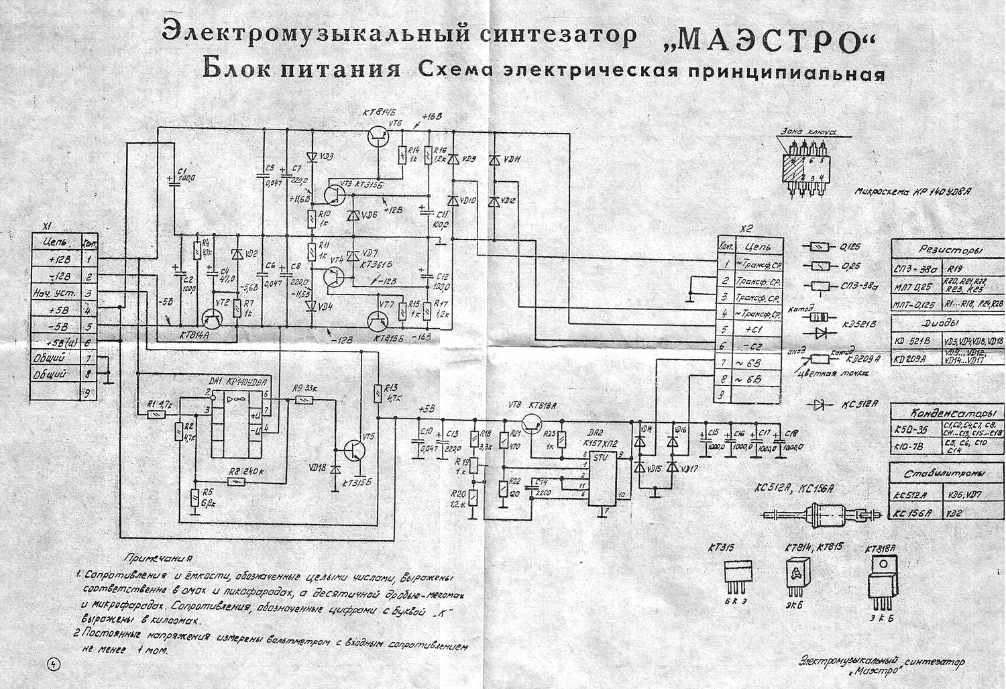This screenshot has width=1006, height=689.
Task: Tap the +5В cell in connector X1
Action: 57,311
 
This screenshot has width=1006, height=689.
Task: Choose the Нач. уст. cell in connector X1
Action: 57,293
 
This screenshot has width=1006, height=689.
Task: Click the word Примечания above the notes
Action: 159,558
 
